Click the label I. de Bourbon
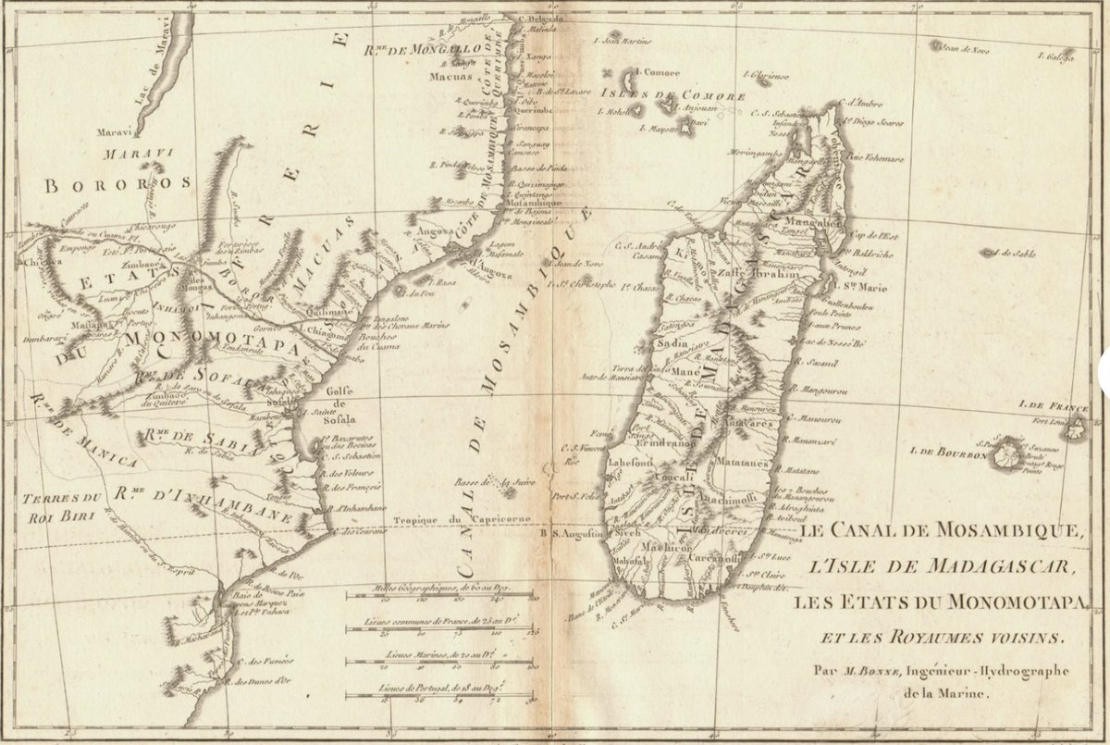coord(947,452)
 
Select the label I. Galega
coord(1062,56)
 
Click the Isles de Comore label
coord(672,95)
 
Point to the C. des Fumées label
coord(265,660)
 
